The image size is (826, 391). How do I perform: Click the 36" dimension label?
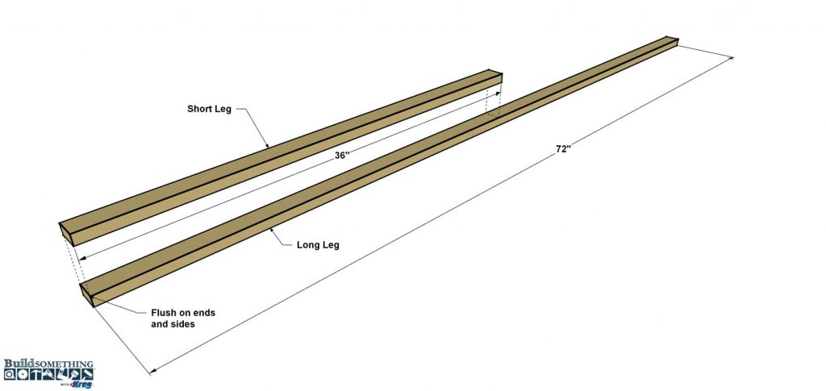pos(342,156)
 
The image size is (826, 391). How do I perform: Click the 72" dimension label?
pos(563,149)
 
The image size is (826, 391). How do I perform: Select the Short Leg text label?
pos(209,109)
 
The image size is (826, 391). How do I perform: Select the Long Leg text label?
pos(318,245)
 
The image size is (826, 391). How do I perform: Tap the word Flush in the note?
pos(163,313)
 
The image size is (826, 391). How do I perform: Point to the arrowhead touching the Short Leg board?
pos(267,145)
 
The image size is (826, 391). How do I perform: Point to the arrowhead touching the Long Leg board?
pos(273,230)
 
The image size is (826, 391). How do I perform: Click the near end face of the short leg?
pos(66,234)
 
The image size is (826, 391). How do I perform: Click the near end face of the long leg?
pos(86,295)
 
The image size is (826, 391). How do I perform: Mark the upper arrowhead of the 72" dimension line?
pos(730,58)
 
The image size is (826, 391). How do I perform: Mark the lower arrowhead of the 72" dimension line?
pos(153,371)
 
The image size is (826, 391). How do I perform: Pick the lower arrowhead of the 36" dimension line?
pos(81,258)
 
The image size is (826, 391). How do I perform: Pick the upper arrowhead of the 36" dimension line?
pos(497,94)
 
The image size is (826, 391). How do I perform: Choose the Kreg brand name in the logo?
pos(84,385)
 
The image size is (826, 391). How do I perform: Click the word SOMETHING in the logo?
pos(65,364)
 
